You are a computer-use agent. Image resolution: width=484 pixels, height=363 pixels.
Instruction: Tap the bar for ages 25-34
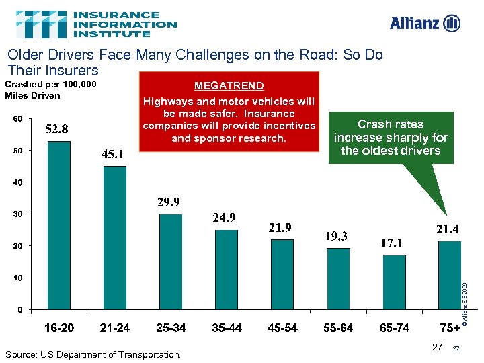[171, 261]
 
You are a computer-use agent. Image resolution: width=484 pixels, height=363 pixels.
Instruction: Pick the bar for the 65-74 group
[394, 282]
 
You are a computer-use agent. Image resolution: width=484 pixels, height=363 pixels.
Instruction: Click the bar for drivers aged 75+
[449, 275]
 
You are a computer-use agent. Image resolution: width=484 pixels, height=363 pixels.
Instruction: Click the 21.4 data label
[447, 230]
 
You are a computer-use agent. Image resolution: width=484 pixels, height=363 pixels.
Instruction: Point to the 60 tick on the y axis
[17, 119]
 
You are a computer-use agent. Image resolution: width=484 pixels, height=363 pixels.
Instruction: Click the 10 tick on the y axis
[17, 277]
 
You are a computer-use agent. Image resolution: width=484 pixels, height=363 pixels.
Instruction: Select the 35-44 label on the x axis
[227, 329]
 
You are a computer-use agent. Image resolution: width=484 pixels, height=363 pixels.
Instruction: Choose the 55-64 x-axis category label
[338, 329]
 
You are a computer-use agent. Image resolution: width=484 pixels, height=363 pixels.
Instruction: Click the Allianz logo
[425, 23]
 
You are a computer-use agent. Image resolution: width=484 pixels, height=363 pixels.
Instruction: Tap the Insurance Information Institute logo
[96, 24]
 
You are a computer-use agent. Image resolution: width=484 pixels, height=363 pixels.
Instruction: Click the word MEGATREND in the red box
[229, 86]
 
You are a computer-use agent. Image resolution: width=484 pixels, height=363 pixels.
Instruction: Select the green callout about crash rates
[391, 138]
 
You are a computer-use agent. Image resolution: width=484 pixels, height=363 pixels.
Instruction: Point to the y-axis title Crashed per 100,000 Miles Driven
[50, 90]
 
